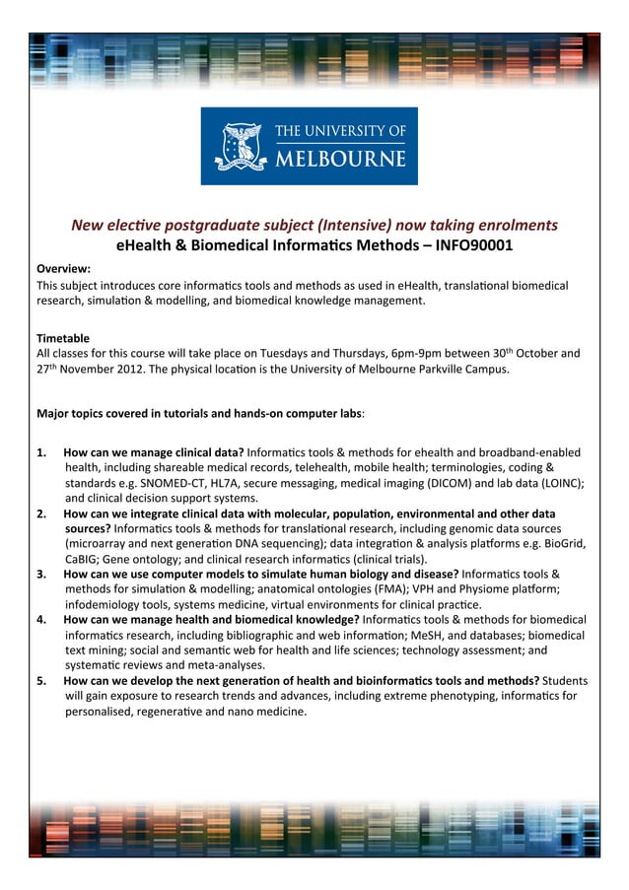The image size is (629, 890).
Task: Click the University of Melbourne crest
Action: coord(240,146)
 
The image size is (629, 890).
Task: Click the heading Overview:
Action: coord(63,268)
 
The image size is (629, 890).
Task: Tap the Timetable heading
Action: coord(63,337)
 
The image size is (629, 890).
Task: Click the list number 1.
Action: coord(41,452)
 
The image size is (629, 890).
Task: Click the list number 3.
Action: coord(41,574)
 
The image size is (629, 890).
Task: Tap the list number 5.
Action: coord(41,681)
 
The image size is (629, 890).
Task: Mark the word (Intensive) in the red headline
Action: coord(344,225)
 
